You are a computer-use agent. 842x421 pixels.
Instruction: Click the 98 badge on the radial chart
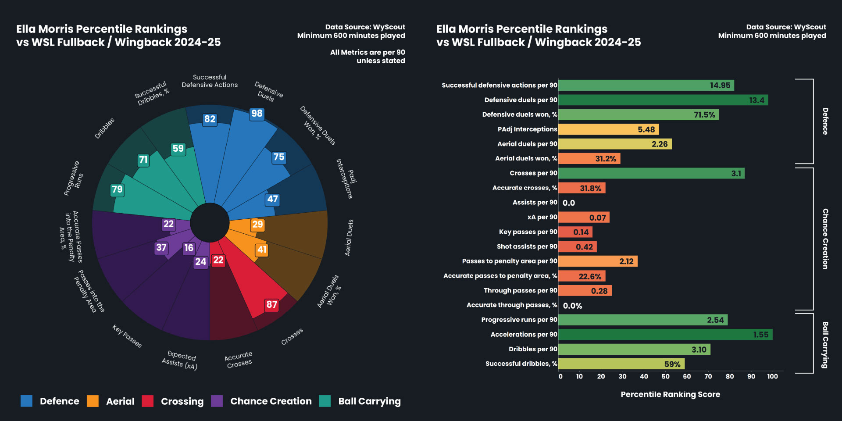[257, 114]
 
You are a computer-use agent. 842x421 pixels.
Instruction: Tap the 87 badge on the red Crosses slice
[271, 305]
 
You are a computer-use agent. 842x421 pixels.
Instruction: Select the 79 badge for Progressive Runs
[117, 189]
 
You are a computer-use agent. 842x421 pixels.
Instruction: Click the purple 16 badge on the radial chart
[189, 248]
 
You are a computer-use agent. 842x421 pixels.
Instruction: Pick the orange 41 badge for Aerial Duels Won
[262, 250]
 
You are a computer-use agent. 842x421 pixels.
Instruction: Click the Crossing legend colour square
[148, 401]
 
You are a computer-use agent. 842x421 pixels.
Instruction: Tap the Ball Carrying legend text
[369, 401]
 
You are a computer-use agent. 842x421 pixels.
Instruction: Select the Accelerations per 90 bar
[665, 335]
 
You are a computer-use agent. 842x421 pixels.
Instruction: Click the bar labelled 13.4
[663, 100]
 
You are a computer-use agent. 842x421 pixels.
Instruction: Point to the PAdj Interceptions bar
[608, 129]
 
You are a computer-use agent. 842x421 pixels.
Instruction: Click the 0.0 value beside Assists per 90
[569, 203]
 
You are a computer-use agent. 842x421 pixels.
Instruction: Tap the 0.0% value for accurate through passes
[572, 306]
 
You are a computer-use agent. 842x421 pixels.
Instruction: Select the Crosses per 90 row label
[533, 173]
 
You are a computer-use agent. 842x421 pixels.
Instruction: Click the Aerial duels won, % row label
[526, 158]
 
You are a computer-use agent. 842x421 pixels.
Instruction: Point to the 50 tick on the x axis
[665, 376]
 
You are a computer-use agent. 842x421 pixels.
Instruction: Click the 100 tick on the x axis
[772, 376]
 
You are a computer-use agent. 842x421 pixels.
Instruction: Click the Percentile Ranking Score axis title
[670, 394]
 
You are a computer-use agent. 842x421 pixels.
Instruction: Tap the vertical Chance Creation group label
[825, 239]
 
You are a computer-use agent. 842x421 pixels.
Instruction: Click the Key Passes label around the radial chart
[127, 336]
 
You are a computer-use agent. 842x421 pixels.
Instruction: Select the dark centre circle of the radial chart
[210, 222]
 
